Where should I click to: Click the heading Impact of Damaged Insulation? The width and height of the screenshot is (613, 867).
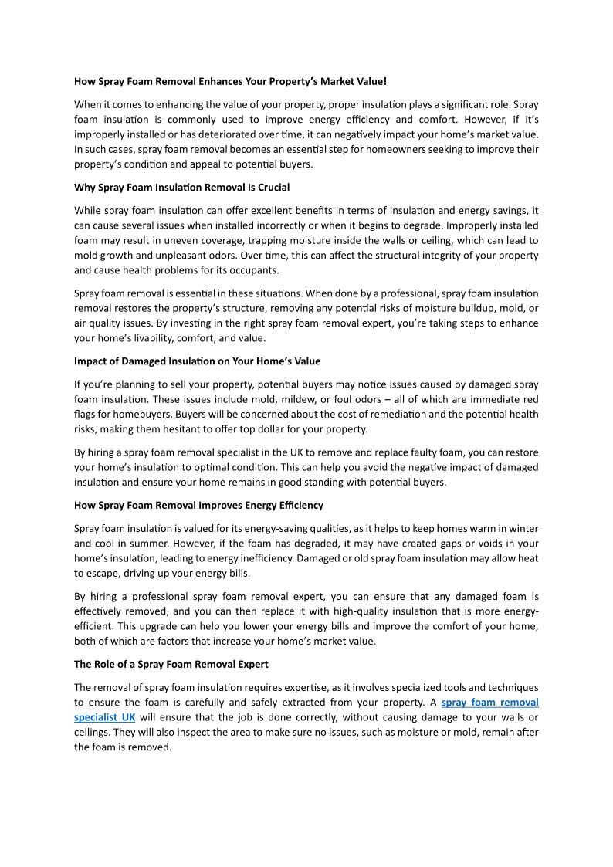[x=197, y=361]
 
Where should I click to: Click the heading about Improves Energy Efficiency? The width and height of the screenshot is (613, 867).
[x=198, y=505]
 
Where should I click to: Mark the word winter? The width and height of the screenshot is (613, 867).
[x=523, y=528]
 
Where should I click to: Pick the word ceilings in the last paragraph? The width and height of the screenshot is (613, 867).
[x=93, y=732]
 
